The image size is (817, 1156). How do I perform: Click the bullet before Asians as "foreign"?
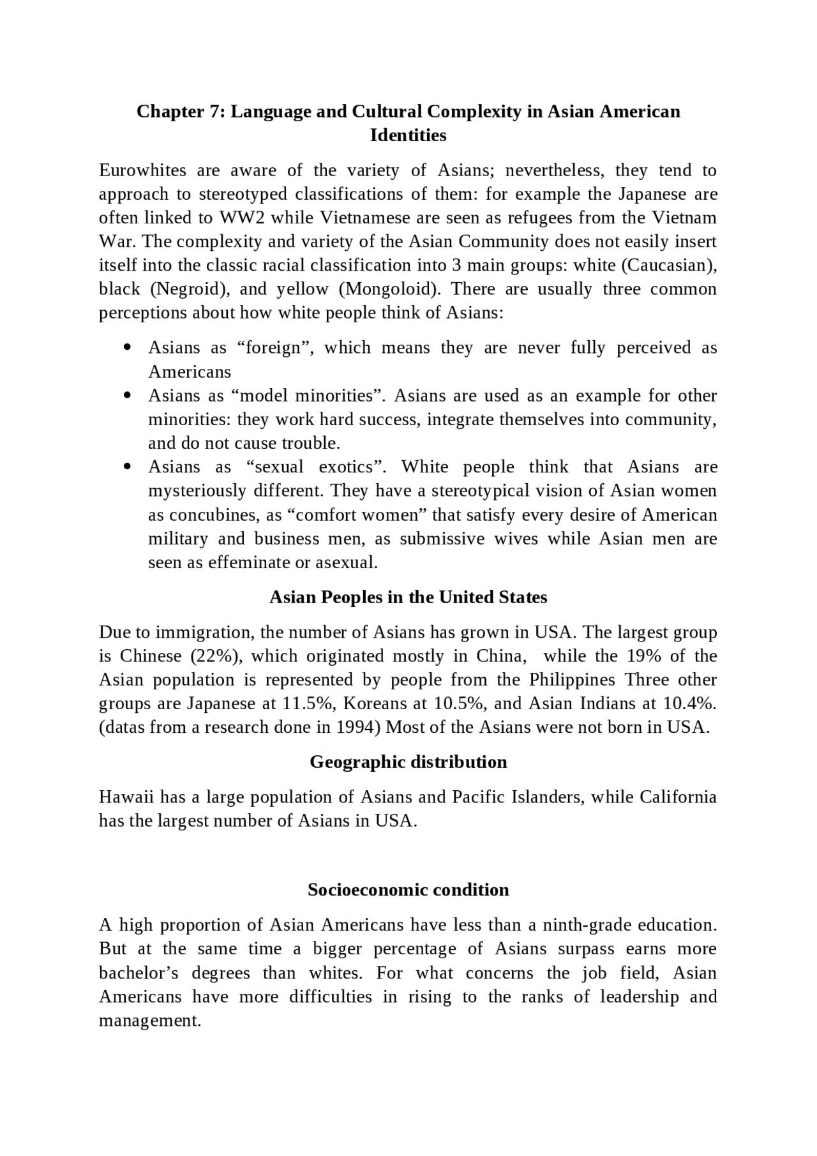tap(128, 348)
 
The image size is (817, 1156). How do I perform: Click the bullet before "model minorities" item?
tap(128, 396)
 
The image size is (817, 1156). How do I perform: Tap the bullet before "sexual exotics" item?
tap(128, 467)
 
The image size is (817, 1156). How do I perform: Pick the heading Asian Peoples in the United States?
tap(408, 597)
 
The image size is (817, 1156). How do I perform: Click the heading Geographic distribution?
tap(408, 762)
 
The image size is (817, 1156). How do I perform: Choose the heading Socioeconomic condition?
tap(408, 890)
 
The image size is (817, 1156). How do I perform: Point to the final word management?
tap(150, 1021)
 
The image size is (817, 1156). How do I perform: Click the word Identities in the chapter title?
tap(408, 135)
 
